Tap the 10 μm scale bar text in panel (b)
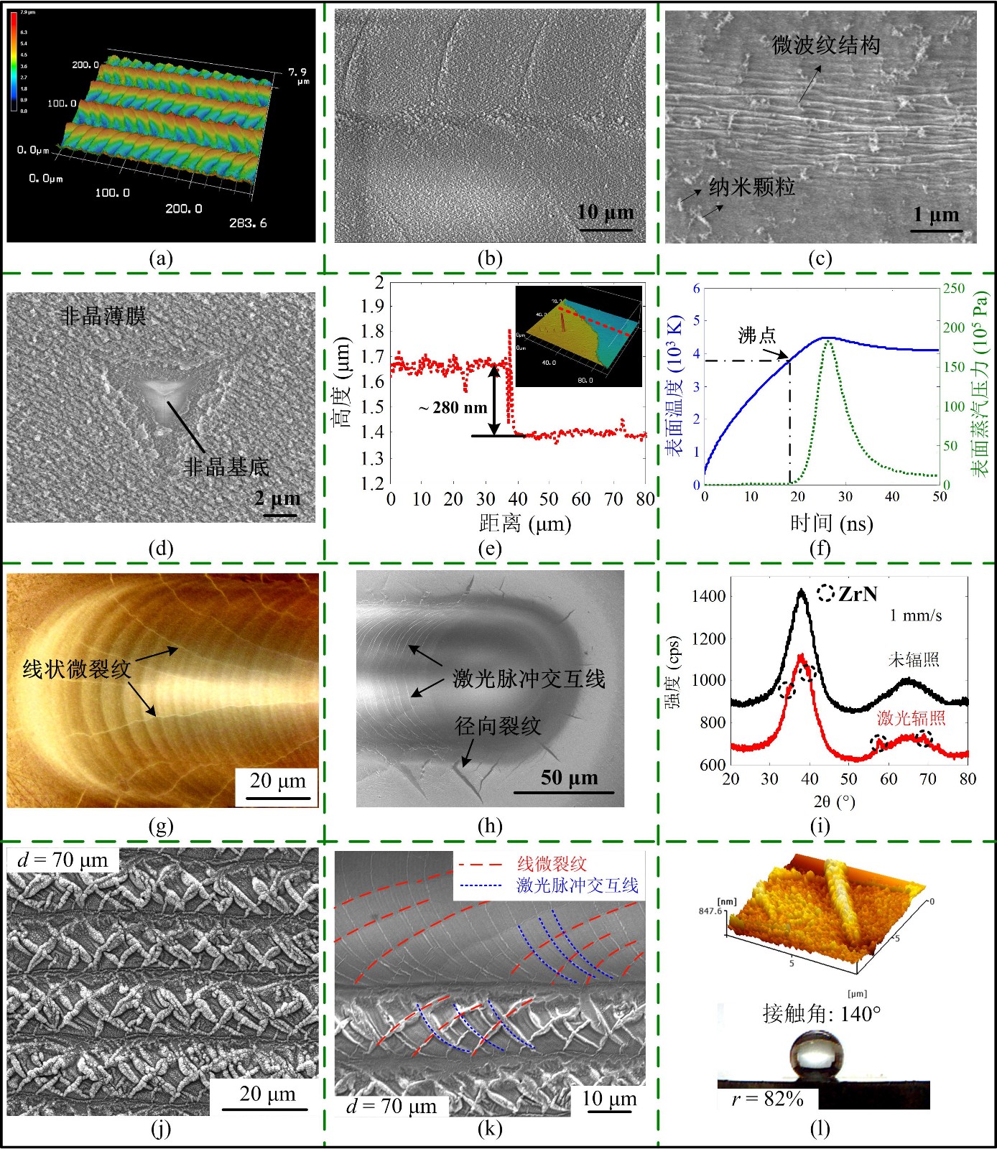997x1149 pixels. (x=606, y=213)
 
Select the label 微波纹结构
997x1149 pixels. (x=826, y=46)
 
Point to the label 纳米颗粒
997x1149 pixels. (x=751, y=187)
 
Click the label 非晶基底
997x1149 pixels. (x=226, y=467)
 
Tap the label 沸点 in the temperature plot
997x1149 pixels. (x=757, y=335)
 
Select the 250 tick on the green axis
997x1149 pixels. (x=954, y=288)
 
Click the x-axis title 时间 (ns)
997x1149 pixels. (x=831, y=523)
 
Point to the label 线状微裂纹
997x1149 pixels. (x=77, y=669)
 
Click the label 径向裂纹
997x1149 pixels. (x=497, y=726)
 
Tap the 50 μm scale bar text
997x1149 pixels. (x=569, y=778)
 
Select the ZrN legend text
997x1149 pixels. (x=858, y=594)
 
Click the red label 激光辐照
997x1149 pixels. (x=911, y=718)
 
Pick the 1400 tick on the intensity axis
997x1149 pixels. (x=708, y=596)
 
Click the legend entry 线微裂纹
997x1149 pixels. (x=552, y=865)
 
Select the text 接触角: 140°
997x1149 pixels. (x=822, y=1014)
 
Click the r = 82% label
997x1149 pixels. (x=767, y=1099)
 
